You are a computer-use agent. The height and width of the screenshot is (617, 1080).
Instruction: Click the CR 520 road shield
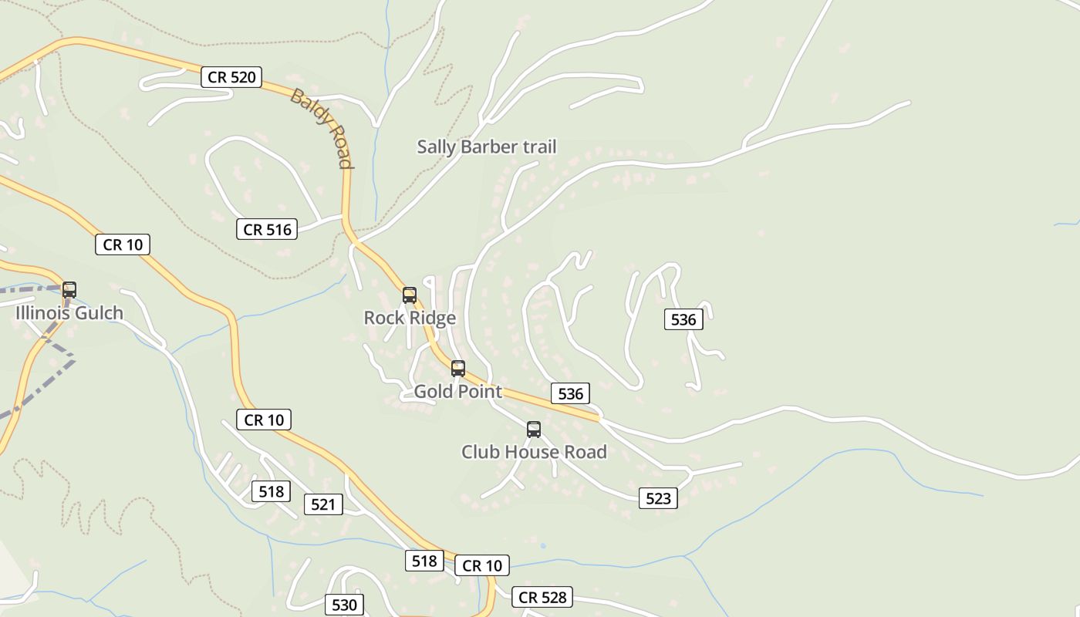pyautogui.click(x=231, y=77)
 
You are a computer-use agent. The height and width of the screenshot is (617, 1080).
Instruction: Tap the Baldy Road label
pyautogui.click(x=322, y=128)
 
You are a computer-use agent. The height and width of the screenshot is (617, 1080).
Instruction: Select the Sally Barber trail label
pyautogui.click(x=486, y=147)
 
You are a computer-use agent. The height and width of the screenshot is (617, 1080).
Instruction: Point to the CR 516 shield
pyautogui.click(x=267, y=229)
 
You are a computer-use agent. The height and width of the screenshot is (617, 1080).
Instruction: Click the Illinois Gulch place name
pyautogui.click(x=69, y=313)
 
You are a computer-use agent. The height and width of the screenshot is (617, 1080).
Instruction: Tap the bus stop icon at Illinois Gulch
pyautogui.click(x=69, y=290)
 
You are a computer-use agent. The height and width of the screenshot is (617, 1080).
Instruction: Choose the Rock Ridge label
pyautogui.click(x=410, y=318)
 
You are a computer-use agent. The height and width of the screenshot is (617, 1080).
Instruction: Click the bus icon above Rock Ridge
pyautogui.click(x=410, y=295)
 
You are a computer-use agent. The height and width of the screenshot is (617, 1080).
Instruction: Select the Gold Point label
pyautogui.click(x=458, y=391)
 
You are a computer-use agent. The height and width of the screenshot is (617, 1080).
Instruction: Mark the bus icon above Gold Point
pyautogui.click(x=458, y=369)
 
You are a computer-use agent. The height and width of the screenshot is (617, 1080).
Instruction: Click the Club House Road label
pyautogui.click(x=534, y=452)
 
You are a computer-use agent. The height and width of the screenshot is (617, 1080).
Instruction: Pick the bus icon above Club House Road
pyautogui.click(x=534, y=430)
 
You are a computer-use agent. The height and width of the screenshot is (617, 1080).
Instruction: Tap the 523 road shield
pyautogui.click(x=658, y=498)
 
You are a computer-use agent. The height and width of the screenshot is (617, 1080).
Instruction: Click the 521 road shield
pyautogui.click(x=323, y=504)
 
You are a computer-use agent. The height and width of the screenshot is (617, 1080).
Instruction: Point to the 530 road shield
pyautogui.click(x=344, y=605)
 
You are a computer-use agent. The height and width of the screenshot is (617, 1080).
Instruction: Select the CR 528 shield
pyautogui.click(x=542, y=597)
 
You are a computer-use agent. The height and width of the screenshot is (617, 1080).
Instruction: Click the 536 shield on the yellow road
pyautogui.click(x=571, y=393)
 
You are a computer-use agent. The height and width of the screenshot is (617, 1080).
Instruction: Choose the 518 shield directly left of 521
pyautogui.click(x=271, y=491)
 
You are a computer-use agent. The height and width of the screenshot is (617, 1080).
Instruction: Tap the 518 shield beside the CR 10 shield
pyautogui.click(x=424, y=561)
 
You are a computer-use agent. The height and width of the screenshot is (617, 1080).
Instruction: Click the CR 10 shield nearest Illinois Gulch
pyautogui.click(x=123, y=244)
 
